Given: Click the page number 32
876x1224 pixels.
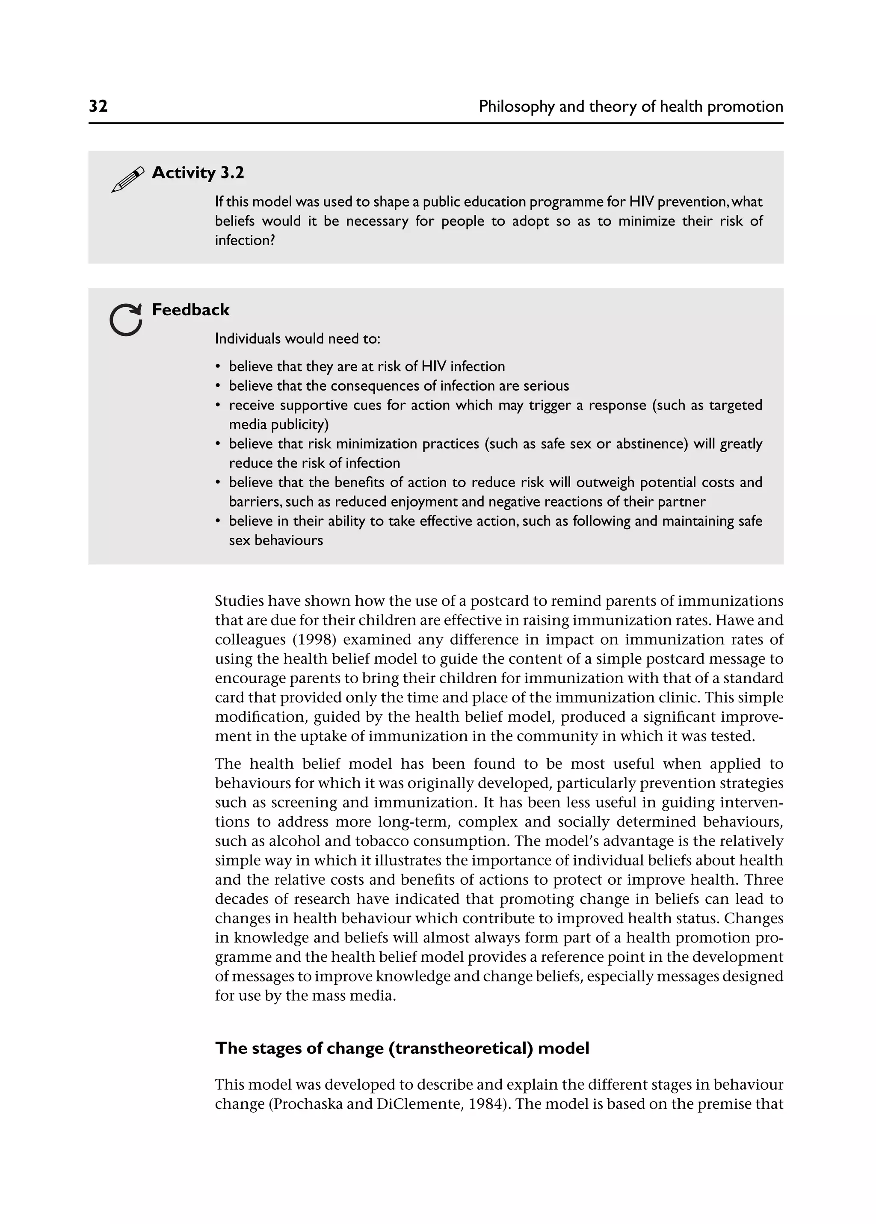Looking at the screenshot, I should click(98, 106).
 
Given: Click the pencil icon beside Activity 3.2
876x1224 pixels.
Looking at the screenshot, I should click(127, 179).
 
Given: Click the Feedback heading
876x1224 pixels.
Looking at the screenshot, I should click(190, 310).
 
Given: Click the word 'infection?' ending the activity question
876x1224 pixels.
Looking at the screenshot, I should click(245, 240).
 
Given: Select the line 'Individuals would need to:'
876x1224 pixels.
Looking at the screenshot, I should click(298, 339).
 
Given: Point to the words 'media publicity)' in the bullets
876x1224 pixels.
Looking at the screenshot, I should click(279, 424).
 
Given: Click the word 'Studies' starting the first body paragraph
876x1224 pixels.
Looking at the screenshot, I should click(238, 601).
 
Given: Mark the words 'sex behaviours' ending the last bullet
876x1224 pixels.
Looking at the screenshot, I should click(275, 540).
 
